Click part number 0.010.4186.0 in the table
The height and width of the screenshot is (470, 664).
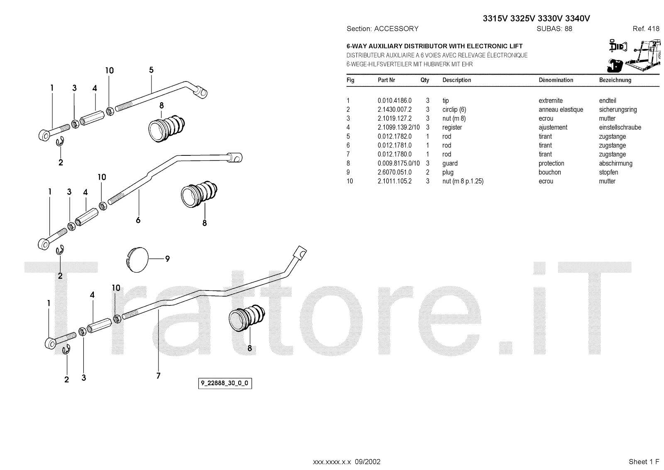coord(394,101)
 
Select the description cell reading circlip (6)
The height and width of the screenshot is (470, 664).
coord(454,110)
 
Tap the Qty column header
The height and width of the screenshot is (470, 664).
coord(425,80)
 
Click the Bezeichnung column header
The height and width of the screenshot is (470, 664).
coord(615,80)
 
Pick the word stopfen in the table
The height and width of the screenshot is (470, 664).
coord(608,172)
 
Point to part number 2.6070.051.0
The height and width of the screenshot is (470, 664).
coord(394,172)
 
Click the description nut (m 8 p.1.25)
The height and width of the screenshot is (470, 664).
coord(463,181)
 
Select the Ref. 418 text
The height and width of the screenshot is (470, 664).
coord(646,29)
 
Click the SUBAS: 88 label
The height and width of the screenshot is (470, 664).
coord(554,29)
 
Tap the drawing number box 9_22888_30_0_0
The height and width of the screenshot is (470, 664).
coord(225,383)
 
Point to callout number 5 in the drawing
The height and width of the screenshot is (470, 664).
coord(151,70)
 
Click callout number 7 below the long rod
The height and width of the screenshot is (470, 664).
coord(158,376)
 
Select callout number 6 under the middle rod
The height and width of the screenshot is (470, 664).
coord(138,220)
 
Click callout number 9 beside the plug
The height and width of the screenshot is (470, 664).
coord(167,259)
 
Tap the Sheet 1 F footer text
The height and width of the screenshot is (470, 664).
coord(644,462)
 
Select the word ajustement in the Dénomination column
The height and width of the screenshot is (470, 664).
coord(553,128)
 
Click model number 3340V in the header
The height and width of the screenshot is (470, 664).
coord(574,18)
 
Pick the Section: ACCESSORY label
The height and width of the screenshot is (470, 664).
coord(382,29)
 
